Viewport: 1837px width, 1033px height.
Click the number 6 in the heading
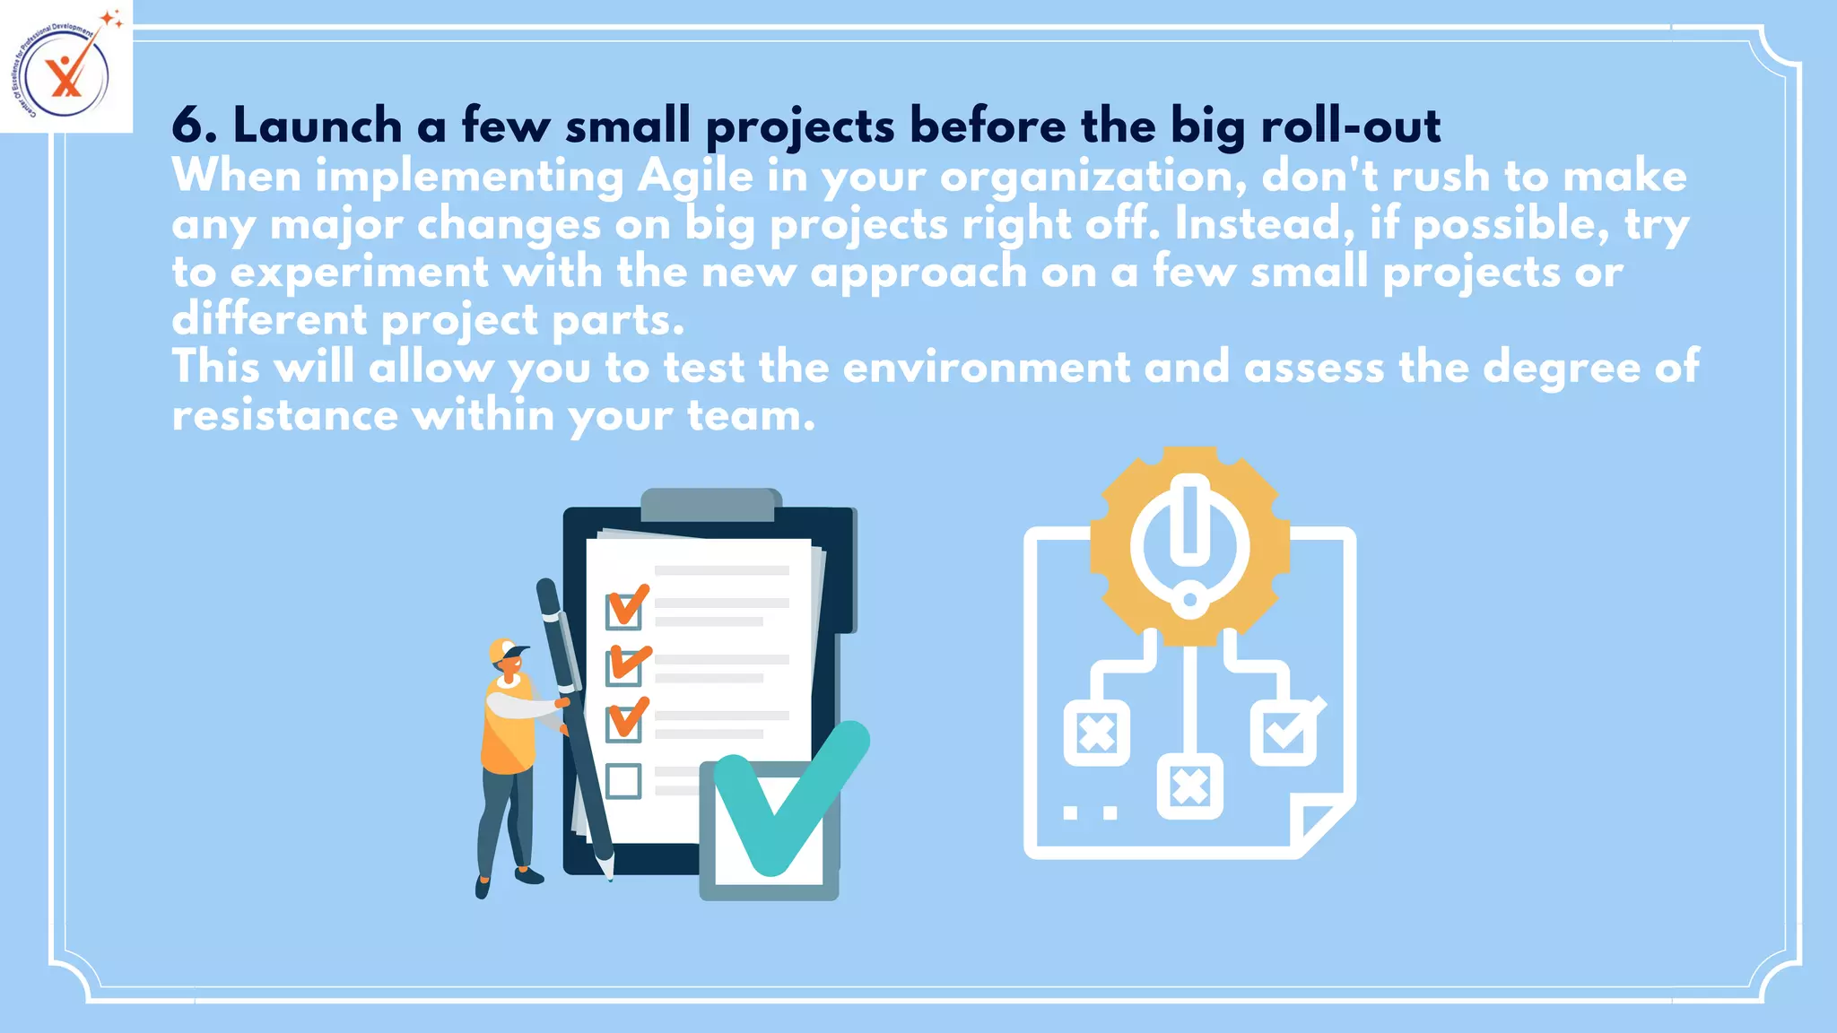coord(187,125)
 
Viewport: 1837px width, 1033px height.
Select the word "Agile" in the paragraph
coord(695,177)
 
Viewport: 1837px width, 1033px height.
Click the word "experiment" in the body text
coord(359,273)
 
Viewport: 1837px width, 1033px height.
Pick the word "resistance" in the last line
coord(285,415)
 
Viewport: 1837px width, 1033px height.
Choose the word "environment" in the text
coord(987,368)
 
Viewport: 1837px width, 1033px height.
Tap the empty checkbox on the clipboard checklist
coord(623,781)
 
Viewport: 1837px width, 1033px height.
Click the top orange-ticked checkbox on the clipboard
coord(624,610)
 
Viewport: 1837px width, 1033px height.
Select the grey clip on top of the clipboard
coord(710,504)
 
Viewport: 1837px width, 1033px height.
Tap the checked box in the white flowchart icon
coord(1284,733)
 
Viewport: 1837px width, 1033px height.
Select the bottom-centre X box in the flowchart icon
coord(1189,787)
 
